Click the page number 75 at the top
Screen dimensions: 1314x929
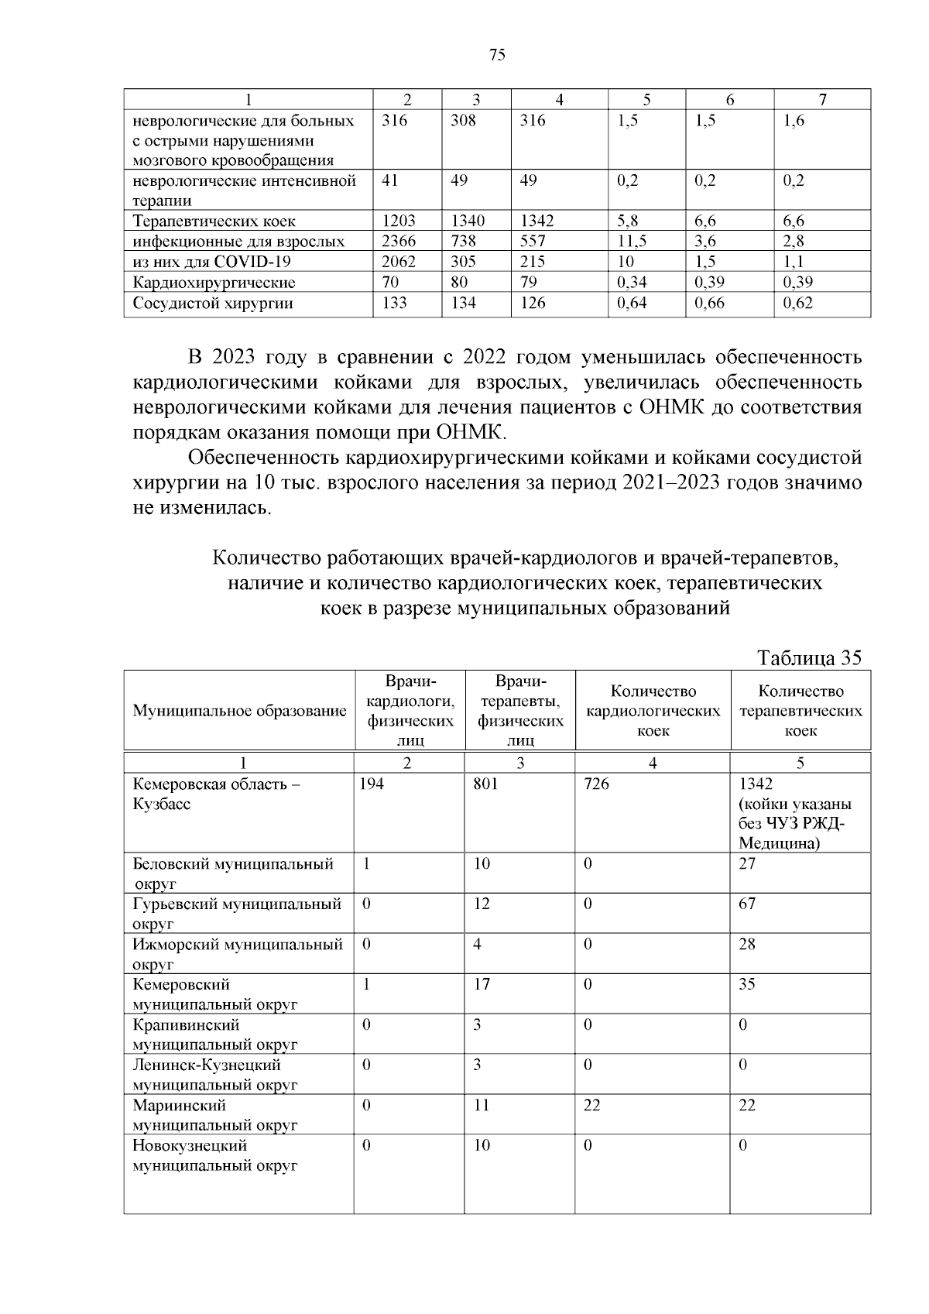pyautogui.click(x=498, y=55)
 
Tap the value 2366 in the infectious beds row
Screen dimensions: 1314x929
pyautogui.click(x=399, y=242)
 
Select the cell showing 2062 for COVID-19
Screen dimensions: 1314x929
pyautogui.click(x=399, y=262)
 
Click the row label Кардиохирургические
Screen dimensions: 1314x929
pyautogui.click(x=214, y=283)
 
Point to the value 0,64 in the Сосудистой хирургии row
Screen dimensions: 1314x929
pyautogui.click(x=632, y=303)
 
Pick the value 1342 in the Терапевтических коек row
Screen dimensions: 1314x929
pyautogui.click(x=537, y=221)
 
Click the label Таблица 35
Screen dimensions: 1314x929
pyautogui.click(x=809, y=658)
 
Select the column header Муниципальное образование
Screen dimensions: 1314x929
pyautogui.click(x=239, y=711)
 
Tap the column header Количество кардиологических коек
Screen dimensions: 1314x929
pyautogui.click(x=653, y=711)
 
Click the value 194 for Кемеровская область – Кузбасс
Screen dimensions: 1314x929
pyautogui.click(x=372, y=784)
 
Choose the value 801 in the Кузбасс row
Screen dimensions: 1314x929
pyautogui.click(x=485, y=784)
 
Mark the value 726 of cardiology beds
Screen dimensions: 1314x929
pyautogui.click(x=596, y=784)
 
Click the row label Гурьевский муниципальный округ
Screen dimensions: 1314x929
pyautogui.click(x=237, y=913)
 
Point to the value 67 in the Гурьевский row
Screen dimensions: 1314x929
pyautogui.click(x=747, y=904)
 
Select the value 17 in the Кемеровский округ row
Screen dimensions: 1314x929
pyautogui.click(x=482, y=984)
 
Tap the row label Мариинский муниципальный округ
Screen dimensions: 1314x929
pyautogui.click(x=215, y=1114)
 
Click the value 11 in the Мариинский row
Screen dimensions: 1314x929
pyautogui.click(x=482, y=1105)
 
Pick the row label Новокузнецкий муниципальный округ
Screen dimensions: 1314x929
pyautogui.click(x=215, y=1155)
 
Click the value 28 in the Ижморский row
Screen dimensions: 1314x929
pyautogui.click(x=747, y=944)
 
